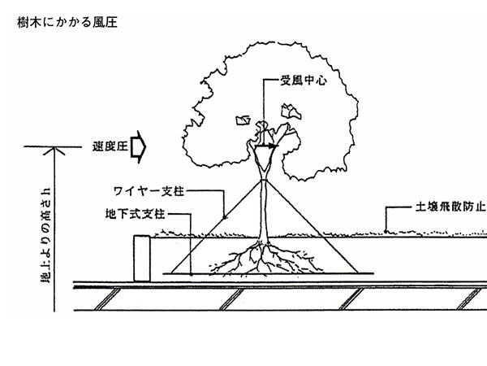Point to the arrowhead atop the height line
coord(54,149)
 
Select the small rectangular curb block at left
coord(142,258)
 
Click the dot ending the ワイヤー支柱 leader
coord(224,218)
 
